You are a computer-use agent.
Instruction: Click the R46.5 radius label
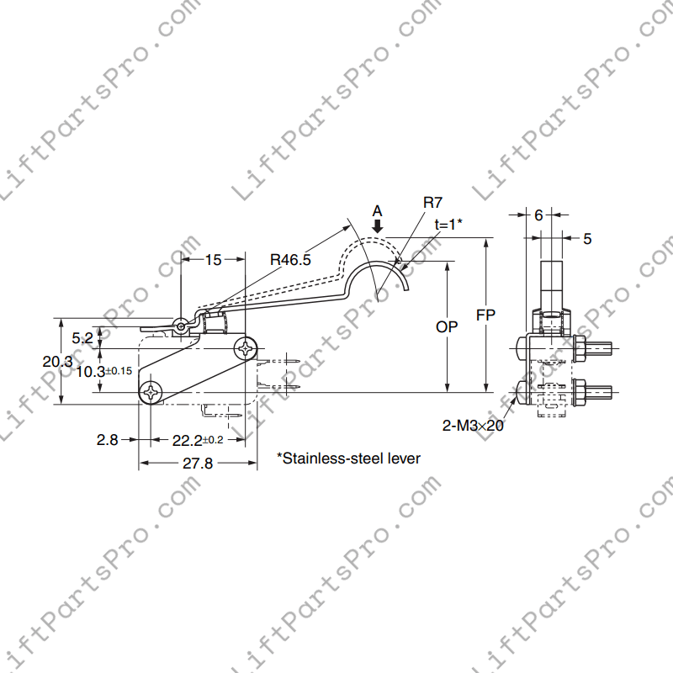point(291,260)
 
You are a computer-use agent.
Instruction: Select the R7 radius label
point(432,203)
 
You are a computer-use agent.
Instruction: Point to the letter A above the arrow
point(378,210)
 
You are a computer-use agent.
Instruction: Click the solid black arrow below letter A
point(378,225)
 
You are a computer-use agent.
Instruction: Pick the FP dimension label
point(485,315)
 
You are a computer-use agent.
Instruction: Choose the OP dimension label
point(447,326)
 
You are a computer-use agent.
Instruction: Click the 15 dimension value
point(213,260)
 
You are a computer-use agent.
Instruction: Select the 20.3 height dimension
point(57,361)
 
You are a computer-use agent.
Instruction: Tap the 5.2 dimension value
point(82,338)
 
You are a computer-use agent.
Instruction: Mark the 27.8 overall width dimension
point(198,464)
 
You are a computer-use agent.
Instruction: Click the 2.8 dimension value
point(107,440)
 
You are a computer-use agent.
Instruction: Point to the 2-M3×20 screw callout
point(473,427)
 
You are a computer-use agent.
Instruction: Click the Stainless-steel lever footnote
point(348,458)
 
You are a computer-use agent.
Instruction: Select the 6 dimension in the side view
point(538,215)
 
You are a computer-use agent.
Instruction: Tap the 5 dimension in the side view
point(587,239)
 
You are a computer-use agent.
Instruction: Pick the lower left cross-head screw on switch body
point(151,392)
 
